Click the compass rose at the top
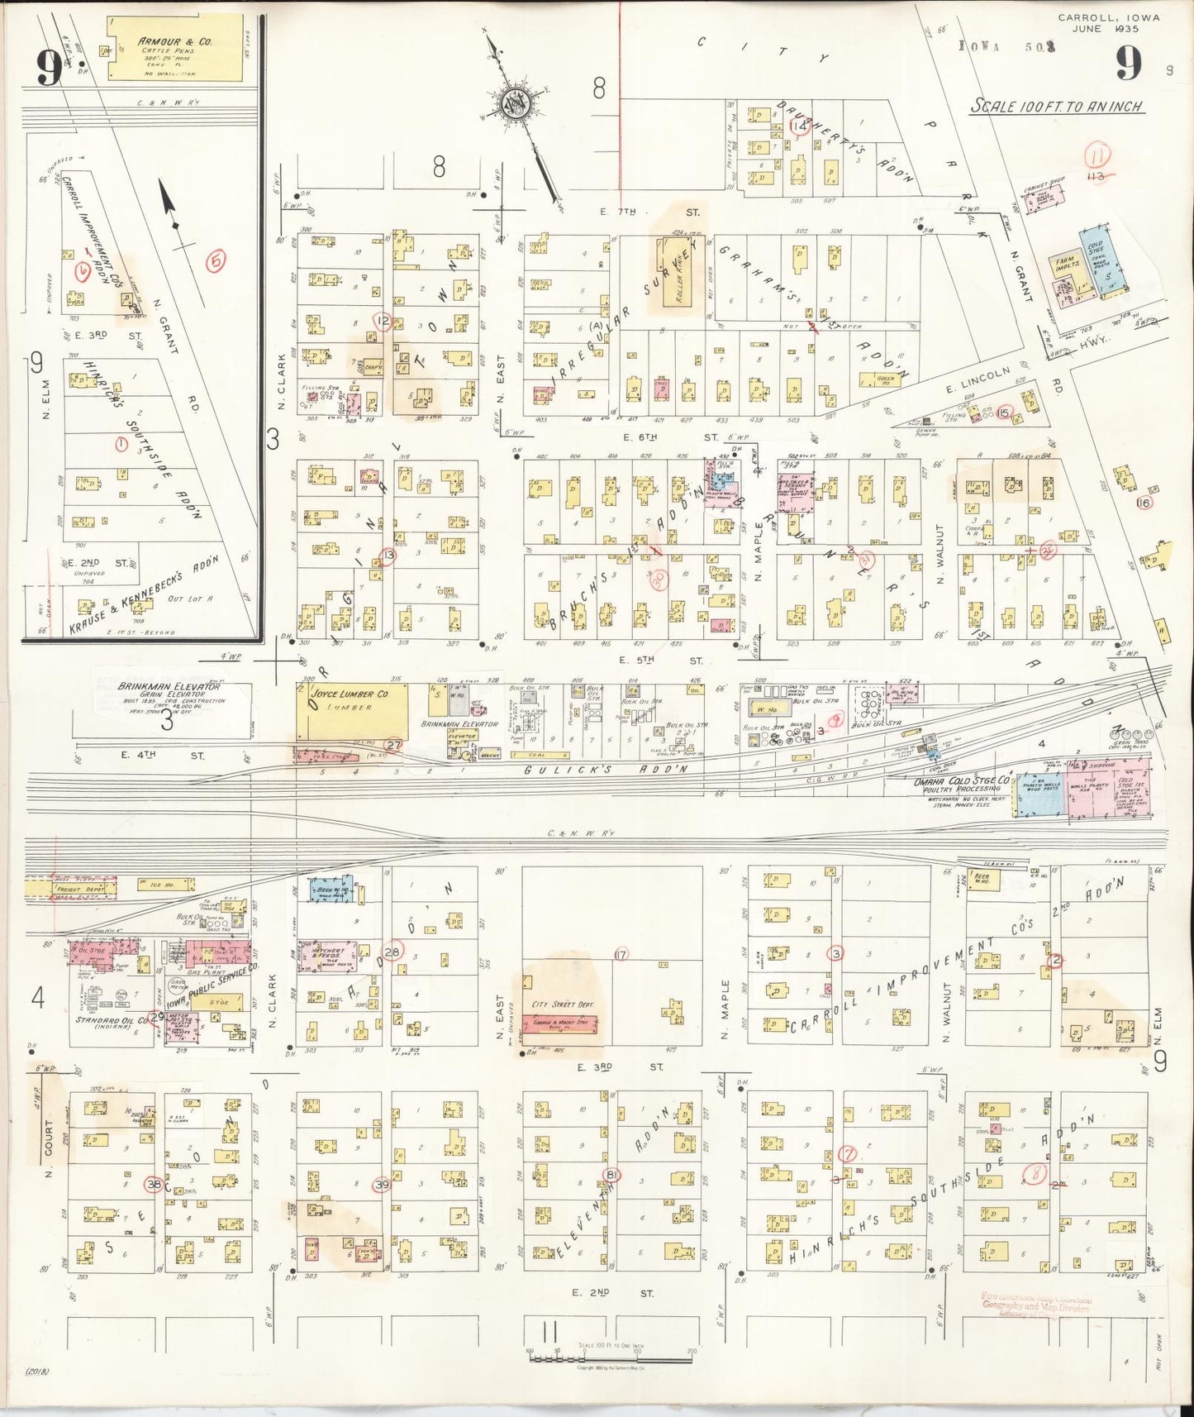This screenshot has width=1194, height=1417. coord(517,105)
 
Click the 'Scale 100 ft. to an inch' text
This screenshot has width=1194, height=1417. coord(1057,107)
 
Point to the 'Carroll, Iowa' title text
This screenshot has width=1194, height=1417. coord(1110,17)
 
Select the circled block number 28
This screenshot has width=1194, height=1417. coord(392,951)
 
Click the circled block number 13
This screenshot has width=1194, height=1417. coord(388,556)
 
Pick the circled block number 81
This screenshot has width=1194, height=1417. coord(611,1175)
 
